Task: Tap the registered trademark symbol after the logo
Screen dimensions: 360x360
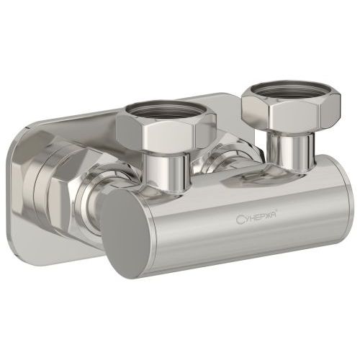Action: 277,210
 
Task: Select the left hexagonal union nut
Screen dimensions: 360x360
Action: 166,128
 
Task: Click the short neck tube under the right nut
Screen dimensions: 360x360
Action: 290,150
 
